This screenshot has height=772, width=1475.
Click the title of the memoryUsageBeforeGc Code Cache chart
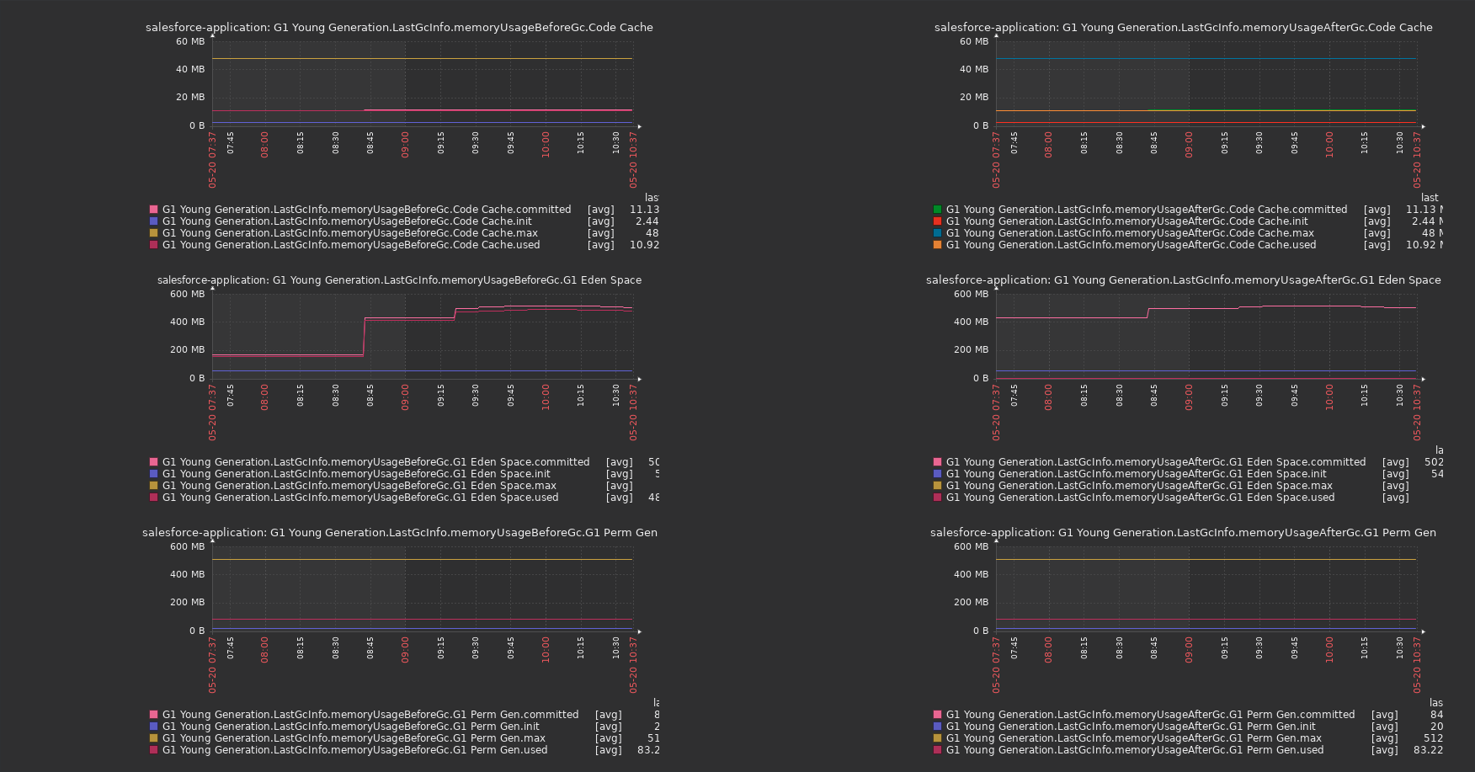coord(399,28)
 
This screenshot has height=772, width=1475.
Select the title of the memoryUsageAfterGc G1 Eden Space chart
coord(1183,280)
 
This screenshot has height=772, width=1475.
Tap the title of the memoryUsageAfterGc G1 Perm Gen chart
coord(1183,533)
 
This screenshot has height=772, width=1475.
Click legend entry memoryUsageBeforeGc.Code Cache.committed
coord(366,210)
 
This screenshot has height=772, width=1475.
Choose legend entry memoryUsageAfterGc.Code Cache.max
coord(1130,233)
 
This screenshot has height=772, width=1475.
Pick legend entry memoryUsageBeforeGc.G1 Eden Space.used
coord(360,498)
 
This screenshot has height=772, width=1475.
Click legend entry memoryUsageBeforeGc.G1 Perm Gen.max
coord(354,738)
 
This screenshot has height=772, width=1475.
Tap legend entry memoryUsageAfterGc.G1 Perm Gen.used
coord(1134,750)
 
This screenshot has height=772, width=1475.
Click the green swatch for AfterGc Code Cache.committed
coord(937,210)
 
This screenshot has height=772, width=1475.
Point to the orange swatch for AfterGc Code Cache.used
coord(937,245)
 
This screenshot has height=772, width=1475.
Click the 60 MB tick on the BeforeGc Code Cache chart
coord(190,41)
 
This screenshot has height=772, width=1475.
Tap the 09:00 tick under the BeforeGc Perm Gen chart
coord(405,649)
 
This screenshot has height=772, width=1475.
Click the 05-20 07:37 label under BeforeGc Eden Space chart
coord(212,413)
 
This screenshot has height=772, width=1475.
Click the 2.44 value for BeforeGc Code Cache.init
coord(647,221)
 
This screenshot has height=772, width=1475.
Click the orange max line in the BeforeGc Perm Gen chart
coord(421,559)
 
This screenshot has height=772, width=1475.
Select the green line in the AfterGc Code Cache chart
coord(1280,109)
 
